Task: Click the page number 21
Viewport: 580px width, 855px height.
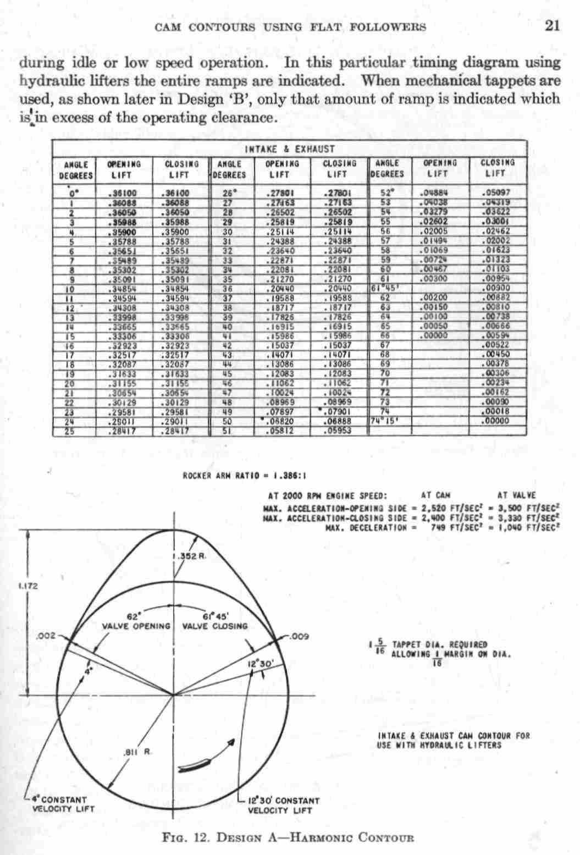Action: tap(551, 26)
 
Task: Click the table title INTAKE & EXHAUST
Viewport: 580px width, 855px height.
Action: tap(290, 149)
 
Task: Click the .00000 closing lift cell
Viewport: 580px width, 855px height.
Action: tap(495, 422)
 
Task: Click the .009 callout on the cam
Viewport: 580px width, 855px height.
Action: tap(300, 637)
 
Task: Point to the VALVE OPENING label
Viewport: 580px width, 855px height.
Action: tap(136, 626)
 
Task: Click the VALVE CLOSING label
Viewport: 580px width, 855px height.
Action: tap(215, 626)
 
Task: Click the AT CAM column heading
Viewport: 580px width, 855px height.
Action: tap(435, 495)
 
